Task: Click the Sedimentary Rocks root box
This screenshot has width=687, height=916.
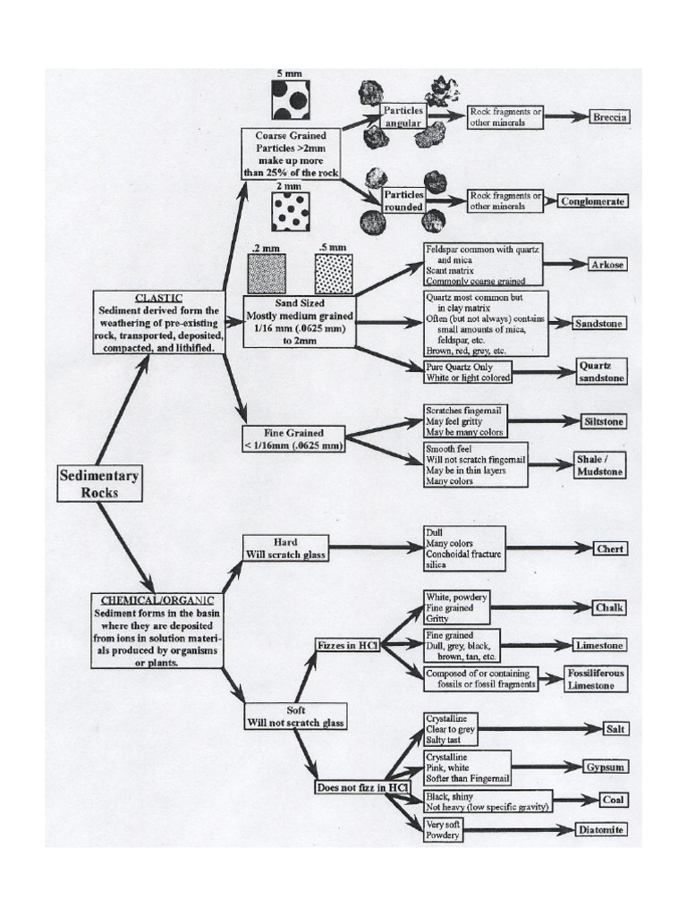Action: coord(99,483)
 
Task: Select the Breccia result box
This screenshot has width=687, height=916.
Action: coord(610,117)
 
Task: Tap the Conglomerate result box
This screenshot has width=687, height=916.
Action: coord(592,201)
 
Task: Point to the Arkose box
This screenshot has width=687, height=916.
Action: coord(607,265)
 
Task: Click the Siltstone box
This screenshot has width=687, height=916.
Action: coord(602,420)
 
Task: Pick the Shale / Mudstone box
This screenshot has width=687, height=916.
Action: coord(598,463)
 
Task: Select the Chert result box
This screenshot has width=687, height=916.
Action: coord(610,548)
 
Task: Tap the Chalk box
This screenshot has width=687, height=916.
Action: coord(610,607)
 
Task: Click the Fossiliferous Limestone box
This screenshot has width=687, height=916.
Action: coord(596,678)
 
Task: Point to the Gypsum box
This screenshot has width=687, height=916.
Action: coord(606,767)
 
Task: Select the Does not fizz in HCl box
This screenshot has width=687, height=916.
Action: coord(362,787)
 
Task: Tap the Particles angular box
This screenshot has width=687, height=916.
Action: coord(403,116)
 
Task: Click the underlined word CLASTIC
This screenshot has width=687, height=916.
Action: coord(158,297)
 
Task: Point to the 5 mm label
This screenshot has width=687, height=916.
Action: coord(291,73)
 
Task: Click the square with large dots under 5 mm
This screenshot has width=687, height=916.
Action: coord(291,100)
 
